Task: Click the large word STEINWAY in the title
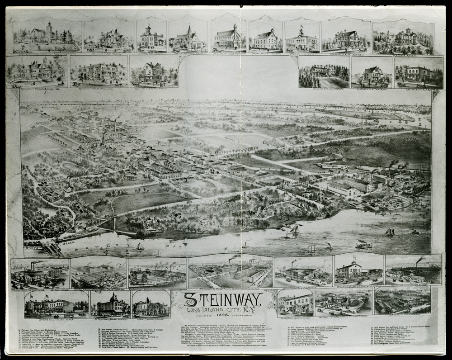tap(222, 299)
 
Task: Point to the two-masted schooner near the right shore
tap(389, 232)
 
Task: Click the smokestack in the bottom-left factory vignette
tap(32, 265)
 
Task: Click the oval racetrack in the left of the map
tap(72, 167)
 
